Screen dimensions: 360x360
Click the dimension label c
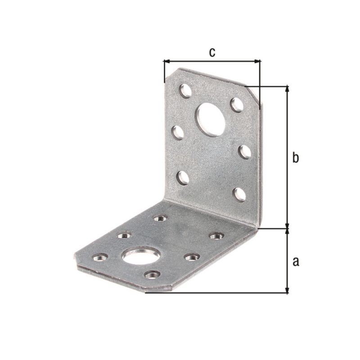212,52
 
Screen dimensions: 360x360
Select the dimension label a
296,261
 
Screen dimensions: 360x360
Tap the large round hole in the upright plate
210,119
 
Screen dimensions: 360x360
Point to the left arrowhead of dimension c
166,61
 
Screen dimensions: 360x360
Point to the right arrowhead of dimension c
258,61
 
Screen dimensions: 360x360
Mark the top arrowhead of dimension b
287,88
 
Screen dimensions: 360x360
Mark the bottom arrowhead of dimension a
287,290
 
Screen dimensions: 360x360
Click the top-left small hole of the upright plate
185,91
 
